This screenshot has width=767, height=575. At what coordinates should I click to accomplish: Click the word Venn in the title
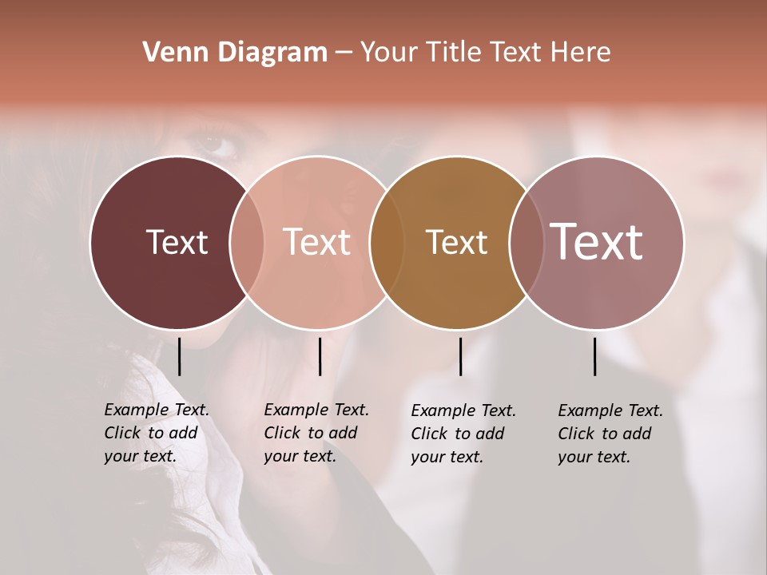pos(176,53)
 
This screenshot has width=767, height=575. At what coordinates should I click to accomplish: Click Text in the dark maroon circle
pos(177,242)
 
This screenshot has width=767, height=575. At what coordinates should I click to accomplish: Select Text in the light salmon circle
pos(316,242)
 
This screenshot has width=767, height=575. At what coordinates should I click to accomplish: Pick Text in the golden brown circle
pos(456,242)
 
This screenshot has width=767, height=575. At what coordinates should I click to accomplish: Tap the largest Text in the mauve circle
pos(596,241)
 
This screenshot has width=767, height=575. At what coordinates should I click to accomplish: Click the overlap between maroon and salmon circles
pos(247,243)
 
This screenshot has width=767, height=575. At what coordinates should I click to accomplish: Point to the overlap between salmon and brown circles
pos(387,243)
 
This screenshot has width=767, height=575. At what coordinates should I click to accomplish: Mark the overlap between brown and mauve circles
pos(527,243)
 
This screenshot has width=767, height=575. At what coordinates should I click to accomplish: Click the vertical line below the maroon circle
pos(179,356)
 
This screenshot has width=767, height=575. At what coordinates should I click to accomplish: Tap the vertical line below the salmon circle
pos(320,356)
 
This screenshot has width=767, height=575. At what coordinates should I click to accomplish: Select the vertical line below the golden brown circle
pos(460,356)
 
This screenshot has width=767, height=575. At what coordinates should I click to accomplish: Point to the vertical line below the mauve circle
pos(594,356)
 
